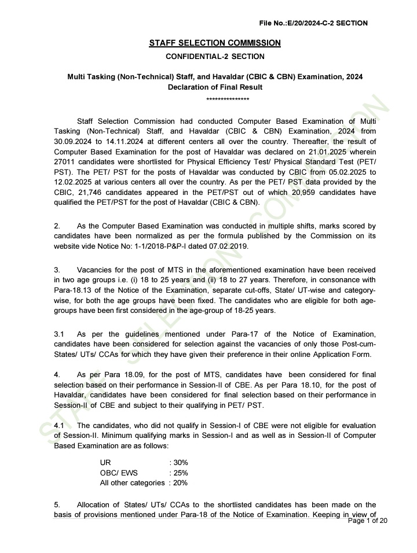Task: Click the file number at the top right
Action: [313, 23]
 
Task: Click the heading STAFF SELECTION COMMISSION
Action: [215, 43]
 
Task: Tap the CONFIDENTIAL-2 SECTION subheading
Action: [215, 57]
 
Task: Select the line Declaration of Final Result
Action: [215, 87]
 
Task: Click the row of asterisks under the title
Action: [228, 99]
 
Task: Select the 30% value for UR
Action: [180, 463]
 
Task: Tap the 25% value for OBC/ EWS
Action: [180, 473]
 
